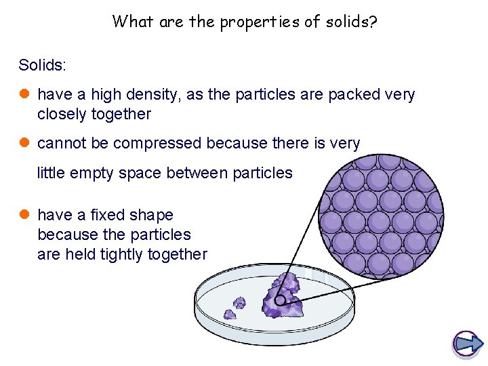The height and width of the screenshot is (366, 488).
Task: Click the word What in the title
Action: [x=133, y=22]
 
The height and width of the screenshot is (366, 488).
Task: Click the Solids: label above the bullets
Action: [x=43, y=65]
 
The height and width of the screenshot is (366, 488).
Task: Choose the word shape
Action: [x=155, y=216]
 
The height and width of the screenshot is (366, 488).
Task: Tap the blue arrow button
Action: [x=467, y=344]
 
